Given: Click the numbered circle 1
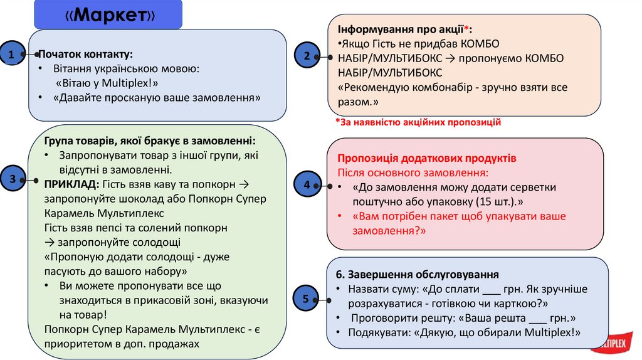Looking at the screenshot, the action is pos(12,55).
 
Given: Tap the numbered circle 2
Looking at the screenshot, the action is pos(306,56).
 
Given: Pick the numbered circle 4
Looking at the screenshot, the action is pos(306,185).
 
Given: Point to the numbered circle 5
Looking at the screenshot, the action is pos(305,299).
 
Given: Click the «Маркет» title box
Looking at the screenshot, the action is pos(108,16).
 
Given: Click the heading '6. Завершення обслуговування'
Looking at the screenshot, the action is pos(417,274).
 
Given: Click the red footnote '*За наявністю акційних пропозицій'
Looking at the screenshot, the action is pos(418,122).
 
